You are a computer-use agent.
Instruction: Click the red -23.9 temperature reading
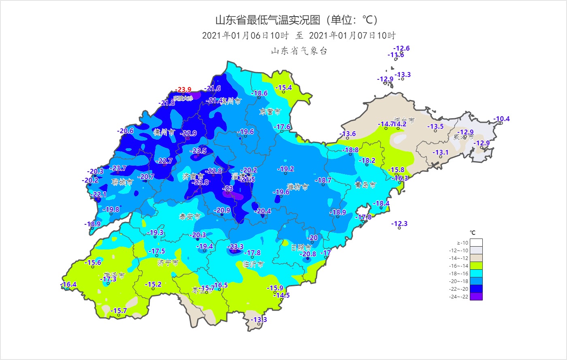click(x=183, y=89)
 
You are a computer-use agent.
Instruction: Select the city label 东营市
click(x=270, y=111)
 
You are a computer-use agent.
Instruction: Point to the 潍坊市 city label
click(x=298, y=187)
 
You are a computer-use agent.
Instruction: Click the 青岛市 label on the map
click(x=365, y=185)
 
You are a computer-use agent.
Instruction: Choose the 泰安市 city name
click(x=190, y=217)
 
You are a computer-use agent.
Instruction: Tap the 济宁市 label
click(x=168, y=263)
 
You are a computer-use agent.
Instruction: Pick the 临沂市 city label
click(x=253, y=264)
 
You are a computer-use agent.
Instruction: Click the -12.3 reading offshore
click(x=399, y=224)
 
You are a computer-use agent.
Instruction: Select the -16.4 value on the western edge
click(x=68, y=284)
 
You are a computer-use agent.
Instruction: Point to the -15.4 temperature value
click(x=283, y=87)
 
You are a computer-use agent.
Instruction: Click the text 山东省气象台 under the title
click(x=299, y=51)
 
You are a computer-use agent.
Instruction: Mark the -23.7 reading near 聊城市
click(x=118, y=168)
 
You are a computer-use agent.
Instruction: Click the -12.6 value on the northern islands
click(x=401, y=48)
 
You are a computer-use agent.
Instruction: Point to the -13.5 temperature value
click(x=435, y=126)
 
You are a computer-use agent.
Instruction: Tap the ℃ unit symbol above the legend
click(x=472, y=232)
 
